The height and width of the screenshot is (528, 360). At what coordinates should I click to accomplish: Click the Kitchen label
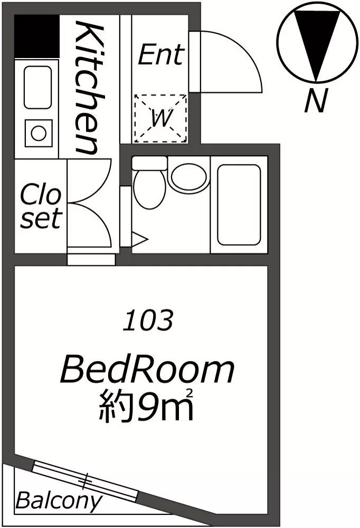tap(89, 87)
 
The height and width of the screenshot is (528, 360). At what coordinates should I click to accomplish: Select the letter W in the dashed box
tap(162, 118)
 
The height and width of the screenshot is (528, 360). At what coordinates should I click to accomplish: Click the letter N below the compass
tap(316, 100)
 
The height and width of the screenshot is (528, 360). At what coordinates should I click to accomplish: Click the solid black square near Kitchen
tap(37, 36)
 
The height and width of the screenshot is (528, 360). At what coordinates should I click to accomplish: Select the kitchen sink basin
tap(38, 87)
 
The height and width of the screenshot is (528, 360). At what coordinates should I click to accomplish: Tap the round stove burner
tap(39, 133)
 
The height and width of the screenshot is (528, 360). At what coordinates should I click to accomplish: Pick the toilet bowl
tap(150, 189)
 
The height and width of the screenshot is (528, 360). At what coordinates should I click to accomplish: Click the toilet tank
tap(149, 163)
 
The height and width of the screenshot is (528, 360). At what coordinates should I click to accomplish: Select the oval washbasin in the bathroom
tap(189, 177)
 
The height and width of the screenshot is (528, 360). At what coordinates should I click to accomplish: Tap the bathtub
tap(239, 205)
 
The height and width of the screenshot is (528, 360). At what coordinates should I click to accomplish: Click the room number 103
tap(148, 320)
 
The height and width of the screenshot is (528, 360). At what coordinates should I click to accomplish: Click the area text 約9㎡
tap(146, 405)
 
